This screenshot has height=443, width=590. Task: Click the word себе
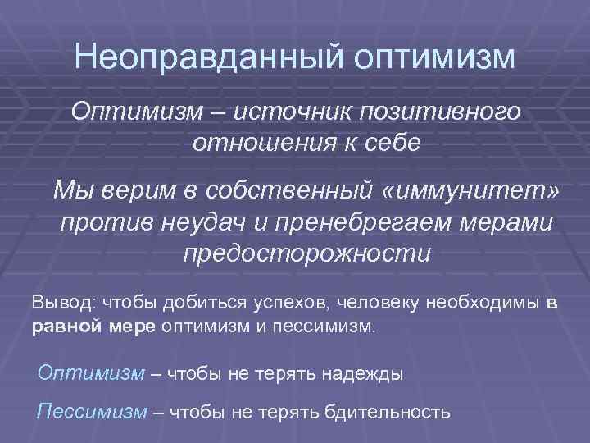point(388,144)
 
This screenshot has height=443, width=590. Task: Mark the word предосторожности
point(306,253)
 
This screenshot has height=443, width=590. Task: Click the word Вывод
point(62,302)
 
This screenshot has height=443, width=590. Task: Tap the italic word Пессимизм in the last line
point(90,411)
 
